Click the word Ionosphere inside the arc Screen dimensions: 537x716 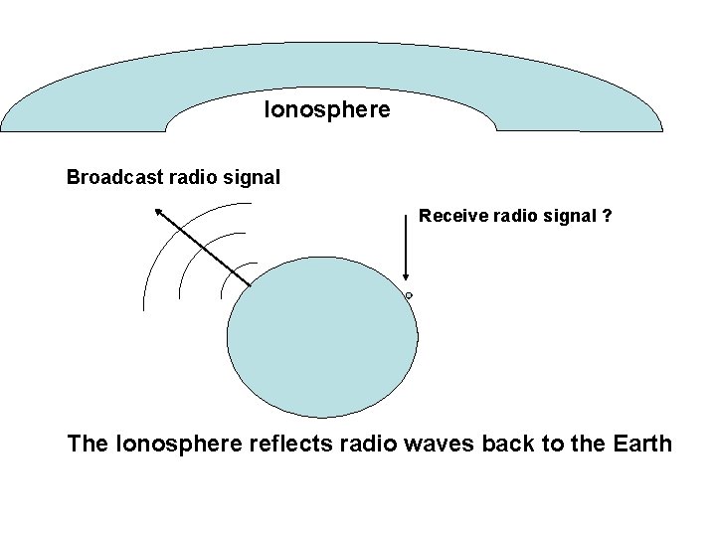(327, 109)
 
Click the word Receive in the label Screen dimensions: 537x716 (451, 215)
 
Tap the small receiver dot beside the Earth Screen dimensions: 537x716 (409, 296)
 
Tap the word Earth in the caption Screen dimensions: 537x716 (636, 444)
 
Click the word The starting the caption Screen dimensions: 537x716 (88, 444)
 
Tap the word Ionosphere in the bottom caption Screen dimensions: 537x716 (179, 444)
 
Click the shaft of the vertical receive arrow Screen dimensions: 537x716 (406, 249)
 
